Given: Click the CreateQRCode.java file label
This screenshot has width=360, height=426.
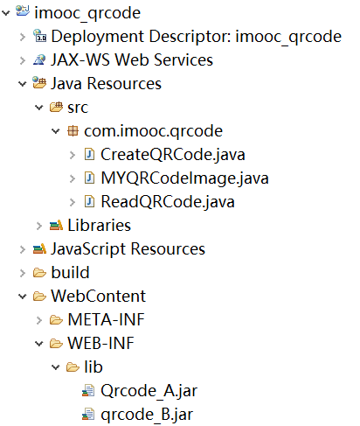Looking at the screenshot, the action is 173,155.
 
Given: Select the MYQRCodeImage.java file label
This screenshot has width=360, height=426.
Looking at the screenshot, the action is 184,178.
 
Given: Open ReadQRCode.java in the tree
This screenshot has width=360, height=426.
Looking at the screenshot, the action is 168,202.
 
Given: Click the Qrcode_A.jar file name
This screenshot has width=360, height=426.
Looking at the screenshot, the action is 149,391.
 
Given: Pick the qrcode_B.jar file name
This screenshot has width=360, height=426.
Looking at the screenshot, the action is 147,415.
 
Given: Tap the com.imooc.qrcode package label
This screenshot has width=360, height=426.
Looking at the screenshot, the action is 154,131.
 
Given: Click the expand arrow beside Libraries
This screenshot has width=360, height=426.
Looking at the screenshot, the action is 39,226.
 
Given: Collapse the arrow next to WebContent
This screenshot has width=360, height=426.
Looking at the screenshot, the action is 23,297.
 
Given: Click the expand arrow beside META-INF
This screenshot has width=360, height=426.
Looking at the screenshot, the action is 39,320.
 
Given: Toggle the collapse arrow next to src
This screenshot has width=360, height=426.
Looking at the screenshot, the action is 39,108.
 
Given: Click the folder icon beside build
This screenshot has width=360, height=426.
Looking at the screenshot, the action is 39,273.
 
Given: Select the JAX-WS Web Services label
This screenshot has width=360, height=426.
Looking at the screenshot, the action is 132,60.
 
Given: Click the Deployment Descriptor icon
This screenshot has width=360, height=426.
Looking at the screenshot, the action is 39,36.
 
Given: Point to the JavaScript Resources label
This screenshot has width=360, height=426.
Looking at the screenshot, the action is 128,249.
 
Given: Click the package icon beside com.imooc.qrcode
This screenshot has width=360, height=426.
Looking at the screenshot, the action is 73,131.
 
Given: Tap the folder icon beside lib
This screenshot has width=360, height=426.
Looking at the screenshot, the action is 73,367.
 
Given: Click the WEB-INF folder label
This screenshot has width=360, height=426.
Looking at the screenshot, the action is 100,344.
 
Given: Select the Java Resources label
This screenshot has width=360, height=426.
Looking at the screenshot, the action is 106,84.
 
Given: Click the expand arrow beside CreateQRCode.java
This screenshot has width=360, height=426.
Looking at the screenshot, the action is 73,155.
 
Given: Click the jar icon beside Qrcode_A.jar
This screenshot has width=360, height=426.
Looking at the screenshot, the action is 88,391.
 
